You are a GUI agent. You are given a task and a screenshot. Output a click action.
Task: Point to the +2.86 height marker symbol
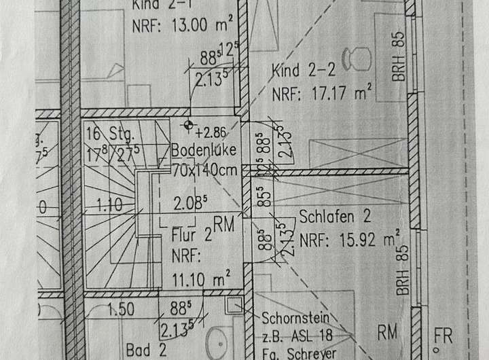pyautogui.click(x=188, y=126)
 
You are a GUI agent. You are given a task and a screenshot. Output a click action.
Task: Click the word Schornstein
pyautogui.click(x=295, y=318)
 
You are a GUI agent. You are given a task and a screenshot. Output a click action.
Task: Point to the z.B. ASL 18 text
pyautogui.click(x=296, y=336)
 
